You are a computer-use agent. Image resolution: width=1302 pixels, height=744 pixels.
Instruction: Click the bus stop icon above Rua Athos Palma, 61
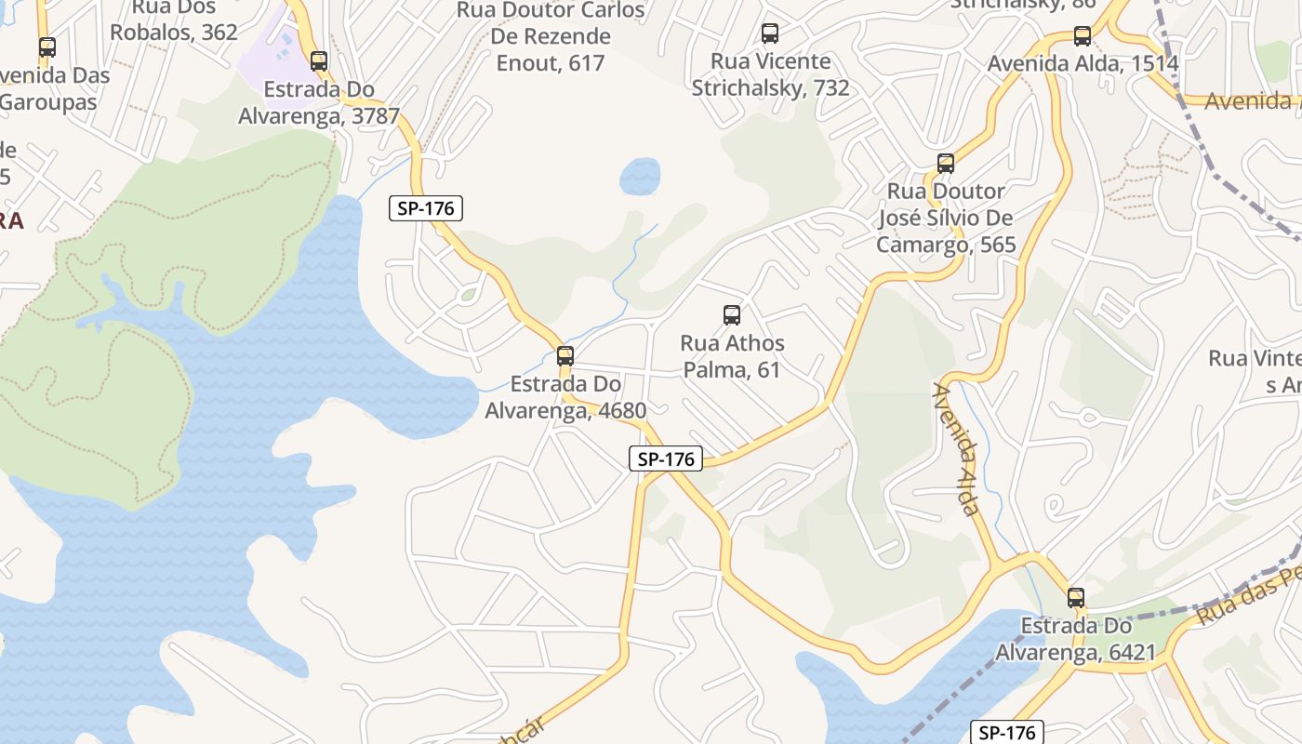pyautogui.click(x=732, y=315)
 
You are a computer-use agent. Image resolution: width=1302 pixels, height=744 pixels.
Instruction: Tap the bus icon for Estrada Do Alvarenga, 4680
pyautogui.click(x=565, y=355)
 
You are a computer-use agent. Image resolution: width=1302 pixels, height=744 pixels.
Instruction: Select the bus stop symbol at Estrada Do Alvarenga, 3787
pyautogui.click(x=319, y=61)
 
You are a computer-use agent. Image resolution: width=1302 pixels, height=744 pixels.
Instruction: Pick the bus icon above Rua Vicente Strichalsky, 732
pyautogui.click(x=770, y=33)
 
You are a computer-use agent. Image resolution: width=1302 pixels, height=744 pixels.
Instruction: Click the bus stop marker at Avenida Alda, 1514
pyautogui.click(x=1082, y=36)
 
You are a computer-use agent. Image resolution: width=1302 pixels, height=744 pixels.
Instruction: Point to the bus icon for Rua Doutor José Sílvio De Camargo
pyautogui.click(x=946, y=164)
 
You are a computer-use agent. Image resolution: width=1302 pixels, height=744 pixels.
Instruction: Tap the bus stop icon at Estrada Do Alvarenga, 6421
pyautogui.click(x=1076, y=598)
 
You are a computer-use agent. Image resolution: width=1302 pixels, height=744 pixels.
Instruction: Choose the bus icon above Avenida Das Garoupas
pyautogui.click(x=46, y=46)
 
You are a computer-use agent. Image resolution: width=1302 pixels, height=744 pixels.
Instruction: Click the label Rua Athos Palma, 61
pyautogui.click(x=732, y=356)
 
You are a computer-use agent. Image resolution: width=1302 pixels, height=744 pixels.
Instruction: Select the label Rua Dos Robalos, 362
pyautogui.click(x=174, y=20)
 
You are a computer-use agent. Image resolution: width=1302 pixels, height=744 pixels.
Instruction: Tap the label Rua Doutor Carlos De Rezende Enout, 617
pyautogui.click(x=551, y=37)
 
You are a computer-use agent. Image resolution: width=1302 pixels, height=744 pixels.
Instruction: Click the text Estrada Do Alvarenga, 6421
pyautogui.click(x=1075, y=640)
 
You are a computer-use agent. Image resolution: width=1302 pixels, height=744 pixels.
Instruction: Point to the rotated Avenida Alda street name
pyautogui.click(x=957, y=448)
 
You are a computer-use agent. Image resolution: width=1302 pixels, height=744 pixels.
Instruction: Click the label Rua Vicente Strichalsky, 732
pyautogui.click(x=770, y=74)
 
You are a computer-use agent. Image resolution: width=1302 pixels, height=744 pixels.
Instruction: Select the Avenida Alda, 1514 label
pyautogui.click(x=1083, y=63)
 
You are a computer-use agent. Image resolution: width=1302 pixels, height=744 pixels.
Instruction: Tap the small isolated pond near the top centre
pyautogui.click(x=640, y=176)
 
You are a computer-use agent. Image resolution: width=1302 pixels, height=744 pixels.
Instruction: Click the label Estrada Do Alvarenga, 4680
pyautogui.click(x=565, y=397)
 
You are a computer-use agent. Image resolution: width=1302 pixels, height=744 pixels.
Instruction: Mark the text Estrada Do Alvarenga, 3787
pyautogui.click(x=319, y=103)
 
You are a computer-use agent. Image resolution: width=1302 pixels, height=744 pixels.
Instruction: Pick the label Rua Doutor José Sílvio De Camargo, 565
pyautogui.click(x=946, y=218)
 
